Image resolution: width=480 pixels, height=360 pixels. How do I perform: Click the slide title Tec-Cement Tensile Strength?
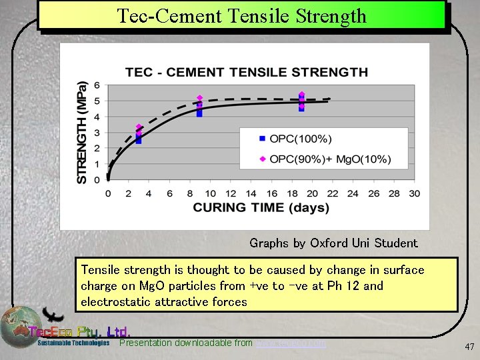click(x=241, y=15)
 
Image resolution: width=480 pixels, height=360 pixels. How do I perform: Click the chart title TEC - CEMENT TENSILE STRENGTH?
click(x=246, y=72)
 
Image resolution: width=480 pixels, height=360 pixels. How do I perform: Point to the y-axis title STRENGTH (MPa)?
click(x=82, y=133)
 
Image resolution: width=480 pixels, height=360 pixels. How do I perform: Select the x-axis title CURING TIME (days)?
click(x=261, y=207)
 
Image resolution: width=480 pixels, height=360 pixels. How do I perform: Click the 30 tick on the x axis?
click(x=414, y=193)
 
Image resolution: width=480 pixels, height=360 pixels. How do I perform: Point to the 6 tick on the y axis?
click(x=97, y=85)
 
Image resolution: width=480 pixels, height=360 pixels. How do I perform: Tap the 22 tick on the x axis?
click(x=332, y=193)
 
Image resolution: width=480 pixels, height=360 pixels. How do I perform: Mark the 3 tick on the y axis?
click(x=97, y=133)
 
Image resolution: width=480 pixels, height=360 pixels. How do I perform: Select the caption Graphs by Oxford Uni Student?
click(x=333, y=243)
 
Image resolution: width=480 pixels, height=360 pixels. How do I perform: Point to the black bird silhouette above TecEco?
click(x=53, y=315)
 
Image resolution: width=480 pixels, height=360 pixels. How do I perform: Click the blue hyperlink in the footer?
click(x=291, y=343)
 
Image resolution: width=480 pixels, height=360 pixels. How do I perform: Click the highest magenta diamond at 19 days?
click(x=301, y=95)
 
